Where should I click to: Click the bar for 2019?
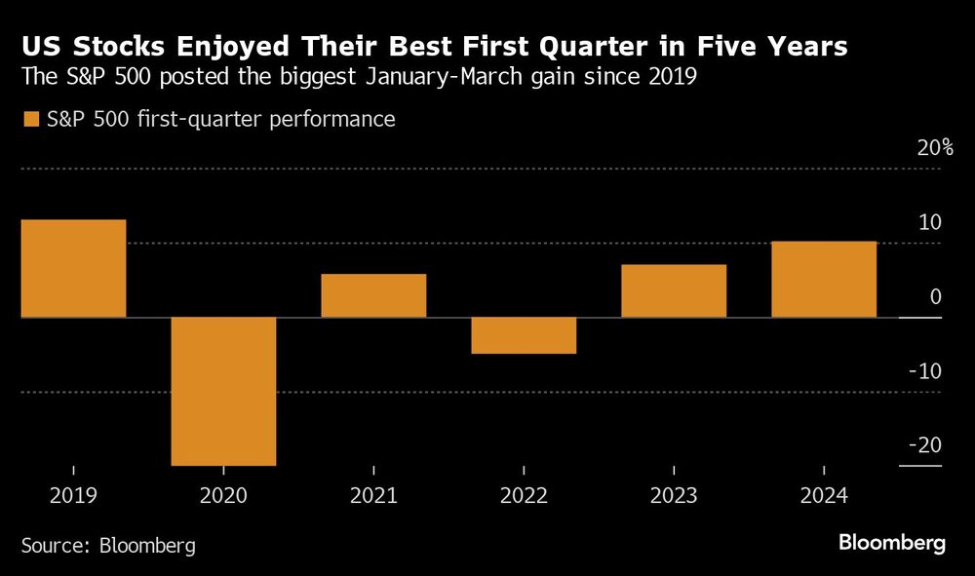(x=73, y=268)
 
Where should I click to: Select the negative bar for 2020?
(x=223, y=391)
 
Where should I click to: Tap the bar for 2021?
(x=373, y=295)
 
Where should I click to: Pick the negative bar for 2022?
(x=524, y=335)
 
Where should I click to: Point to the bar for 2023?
(x=674, y=290)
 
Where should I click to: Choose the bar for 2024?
(x=824, y=279)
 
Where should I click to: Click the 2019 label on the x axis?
(x=73, y=496)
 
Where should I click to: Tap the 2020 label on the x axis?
(x=223, y=496)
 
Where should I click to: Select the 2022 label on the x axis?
(x=524, y=496)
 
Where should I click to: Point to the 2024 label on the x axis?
(x=824, y=496)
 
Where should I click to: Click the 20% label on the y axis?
(x=933, y=148)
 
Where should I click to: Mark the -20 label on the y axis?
(x=924, y=445)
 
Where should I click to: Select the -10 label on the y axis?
(x=924, y=371)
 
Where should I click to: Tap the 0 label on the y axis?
(x=935, y=297)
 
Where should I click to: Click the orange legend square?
(x=30, y=120)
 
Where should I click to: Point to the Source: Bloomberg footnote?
(x=108, y=545)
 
